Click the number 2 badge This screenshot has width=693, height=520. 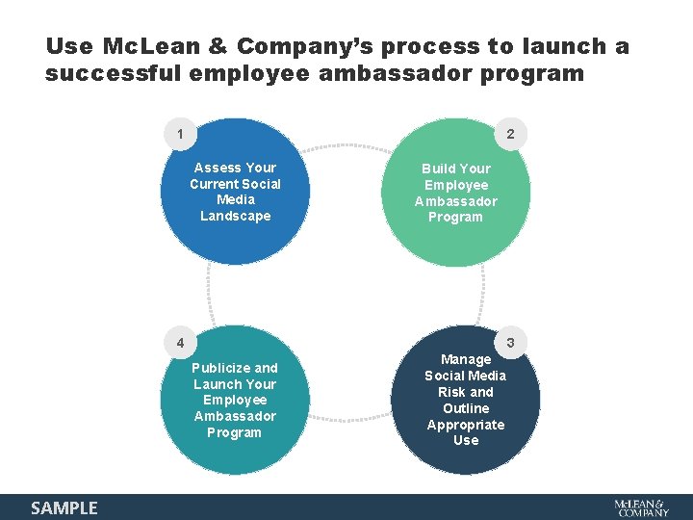pos(511,136)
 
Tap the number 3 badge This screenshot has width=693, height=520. pos(511,343)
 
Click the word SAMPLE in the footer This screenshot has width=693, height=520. pos(64,507)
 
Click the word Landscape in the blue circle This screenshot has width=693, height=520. pos(236,216)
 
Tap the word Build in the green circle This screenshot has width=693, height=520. pos(439,169)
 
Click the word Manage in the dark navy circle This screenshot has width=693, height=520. pos(466,359)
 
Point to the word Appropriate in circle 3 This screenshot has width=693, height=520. pos(466,425)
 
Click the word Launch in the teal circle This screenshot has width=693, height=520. pos(218,384)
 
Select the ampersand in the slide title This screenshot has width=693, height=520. pos(217,46)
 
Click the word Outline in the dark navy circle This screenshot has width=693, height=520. pos(466,408)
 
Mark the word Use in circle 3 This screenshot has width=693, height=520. pos(466,440)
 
